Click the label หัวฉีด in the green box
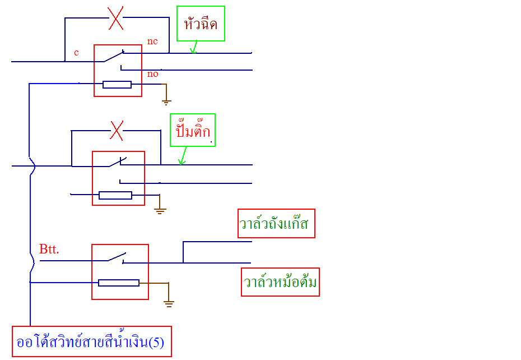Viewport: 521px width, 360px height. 201,24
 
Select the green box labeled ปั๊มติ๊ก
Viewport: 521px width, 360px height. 193,131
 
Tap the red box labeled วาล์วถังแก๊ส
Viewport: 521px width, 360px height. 276,224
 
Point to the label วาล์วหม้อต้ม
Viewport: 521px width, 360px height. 280,282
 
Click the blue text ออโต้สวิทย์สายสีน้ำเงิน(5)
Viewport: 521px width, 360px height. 91,341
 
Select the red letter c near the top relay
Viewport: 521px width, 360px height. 76,53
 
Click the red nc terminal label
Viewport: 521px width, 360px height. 152,41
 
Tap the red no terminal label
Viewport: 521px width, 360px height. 152,74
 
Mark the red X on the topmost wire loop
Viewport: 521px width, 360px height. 115,19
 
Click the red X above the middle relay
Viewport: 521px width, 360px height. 116,131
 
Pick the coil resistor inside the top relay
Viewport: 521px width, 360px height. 117,85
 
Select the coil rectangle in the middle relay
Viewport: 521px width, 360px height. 115,195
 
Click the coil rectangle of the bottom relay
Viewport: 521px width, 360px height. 119,283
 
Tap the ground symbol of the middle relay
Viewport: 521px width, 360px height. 160,211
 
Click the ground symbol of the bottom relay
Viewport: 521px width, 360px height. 169,303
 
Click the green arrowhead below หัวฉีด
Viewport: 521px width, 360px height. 193,51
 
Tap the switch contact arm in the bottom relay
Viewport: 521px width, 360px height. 117,257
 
